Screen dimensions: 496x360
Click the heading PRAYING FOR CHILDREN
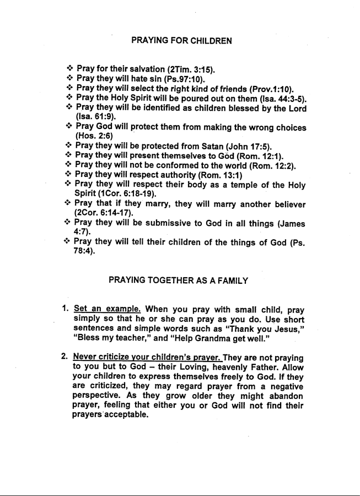coord(181,40)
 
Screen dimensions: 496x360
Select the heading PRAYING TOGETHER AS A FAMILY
coord(179,281)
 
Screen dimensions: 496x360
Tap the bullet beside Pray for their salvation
coord(70,69)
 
